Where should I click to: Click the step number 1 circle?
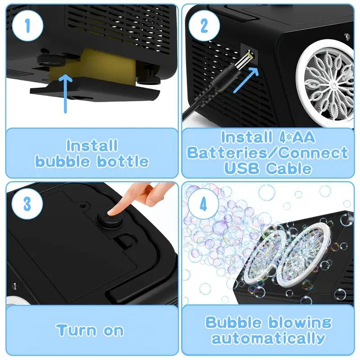pyautogui.click(x=27, y=26)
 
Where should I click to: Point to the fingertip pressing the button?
pyautogui.click(x=118, y=208)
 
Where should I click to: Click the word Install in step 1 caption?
pyautogui.click(x=92, y=146)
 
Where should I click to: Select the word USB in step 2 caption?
pyautogui.click(x=244, y=168)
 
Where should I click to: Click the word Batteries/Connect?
pyautogui.click(x=268, y=153)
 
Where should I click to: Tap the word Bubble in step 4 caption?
pyautogui.click(x=234, y=322)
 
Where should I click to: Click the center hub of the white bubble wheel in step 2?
pyautogui.click(x=332, y=85)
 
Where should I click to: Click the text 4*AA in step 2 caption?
pyautogui.click(x=295, y=137)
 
